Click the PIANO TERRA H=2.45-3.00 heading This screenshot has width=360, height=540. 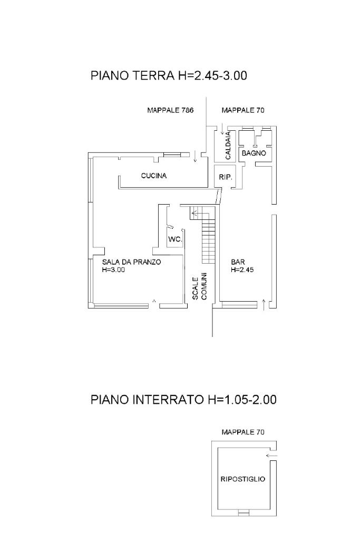169,76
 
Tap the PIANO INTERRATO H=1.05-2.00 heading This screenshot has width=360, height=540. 183,400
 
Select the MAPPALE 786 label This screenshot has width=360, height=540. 170,111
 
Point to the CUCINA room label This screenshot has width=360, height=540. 154,176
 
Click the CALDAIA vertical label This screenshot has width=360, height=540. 228,146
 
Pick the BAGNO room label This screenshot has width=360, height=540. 254,153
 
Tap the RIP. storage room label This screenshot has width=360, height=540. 226,178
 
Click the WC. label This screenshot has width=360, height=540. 176,240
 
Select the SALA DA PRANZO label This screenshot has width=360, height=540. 131,262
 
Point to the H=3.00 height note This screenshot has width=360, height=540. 113,270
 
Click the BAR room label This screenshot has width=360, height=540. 237,262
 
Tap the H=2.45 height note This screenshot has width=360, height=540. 242,270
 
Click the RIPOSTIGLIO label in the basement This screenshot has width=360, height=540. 242,479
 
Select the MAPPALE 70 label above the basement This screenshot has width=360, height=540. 243,432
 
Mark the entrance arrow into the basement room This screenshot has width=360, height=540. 272,456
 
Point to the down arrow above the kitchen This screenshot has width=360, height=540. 195,156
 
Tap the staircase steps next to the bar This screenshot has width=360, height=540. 209,240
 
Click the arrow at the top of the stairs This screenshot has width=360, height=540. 194,214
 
